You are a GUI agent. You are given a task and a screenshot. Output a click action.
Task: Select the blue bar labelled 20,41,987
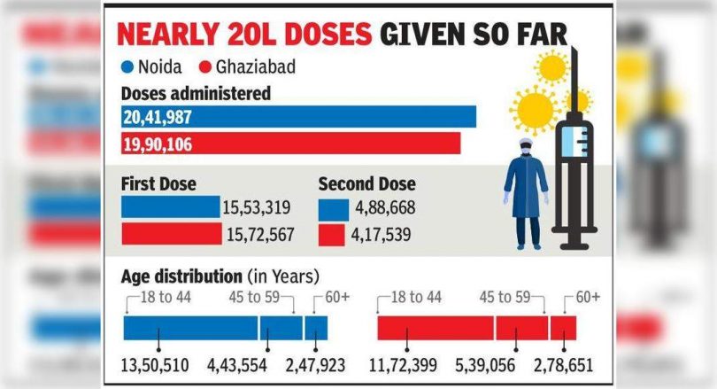(x=299, y=117)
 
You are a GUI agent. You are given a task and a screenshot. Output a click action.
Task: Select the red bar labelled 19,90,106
(x=291, y=144)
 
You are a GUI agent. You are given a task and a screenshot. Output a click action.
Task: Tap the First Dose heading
(x=158, y=184)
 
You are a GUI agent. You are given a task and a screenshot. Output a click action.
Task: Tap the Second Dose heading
(x=366, y=184)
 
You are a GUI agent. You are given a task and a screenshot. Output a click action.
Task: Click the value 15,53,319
(x=258, y=208)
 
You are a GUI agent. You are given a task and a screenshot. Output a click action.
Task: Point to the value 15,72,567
(x=258, y=235)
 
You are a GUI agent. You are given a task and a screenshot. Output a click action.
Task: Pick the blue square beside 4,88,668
(x=332, y=209)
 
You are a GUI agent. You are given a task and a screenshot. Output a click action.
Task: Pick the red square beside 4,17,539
(x=332, y=235)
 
